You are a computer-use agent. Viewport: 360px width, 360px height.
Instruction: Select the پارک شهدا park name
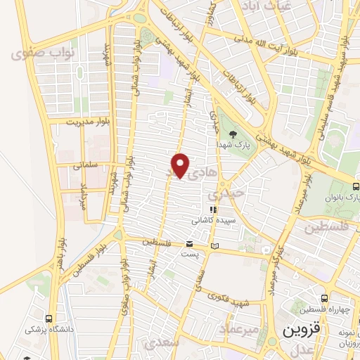coord(232,146)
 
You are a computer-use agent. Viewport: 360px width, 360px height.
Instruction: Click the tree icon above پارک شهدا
coord(233,134)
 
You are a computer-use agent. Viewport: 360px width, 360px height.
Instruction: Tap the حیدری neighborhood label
coord(231,191)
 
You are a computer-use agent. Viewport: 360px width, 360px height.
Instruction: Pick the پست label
coord(188,254)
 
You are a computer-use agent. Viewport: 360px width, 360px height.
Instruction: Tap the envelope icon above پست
coord(188,244)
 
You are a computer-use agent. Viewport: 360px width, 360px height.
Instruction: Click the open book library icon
coord(214,246)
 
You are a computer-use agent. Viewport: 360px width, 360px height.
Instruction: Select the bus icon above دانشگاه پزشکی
coord(48,318)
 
